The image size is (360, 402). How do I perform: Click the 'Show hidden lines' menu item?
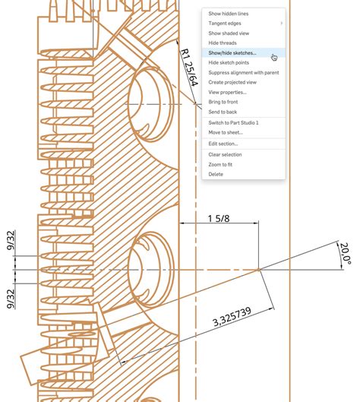click(228, 14)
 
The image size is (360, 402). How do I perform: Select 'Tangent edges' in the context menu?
click(225, 24)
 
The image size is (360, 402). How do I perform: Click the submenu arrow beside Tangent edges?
click(281, 24)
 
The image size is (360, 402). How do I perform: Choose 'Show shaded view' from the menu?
click(229, 33)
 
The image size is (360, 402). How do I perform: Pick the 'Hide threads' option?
click(223, 43)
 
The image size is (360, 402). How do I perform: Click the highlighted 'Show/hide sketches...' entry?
click(232, 53)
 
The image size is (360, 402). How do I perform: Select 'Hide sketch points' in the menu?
click(229, 63)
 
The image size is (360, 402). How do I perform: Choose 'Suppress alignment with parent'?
click(243, 73)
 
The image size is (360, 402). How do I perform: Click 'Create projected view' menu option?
click(232, 82)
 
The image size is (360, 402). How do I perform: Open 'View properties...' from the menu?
click(227, 92)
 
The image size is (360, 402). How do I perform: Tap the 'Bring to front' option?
click(223, 102)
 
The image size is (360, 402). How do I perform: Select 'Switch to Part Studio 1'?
click(233, 122)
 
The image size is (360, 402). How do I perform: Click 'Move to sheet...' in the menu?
click(226, 132)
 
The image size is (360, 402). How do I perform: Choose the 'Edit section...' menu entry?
click(223, 144)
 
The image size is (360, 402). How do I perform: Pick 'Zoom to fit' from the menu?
click(220, 164)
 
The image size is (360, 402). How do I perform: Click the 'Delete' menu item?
click(216, 174)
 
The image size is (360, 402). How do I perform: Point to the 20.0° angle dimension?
click(346, 254)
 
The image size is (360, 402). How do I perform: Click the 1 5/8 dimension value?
click(219, 218)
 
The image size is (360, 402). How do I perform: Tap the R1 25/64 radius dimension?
click(189, 68)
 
